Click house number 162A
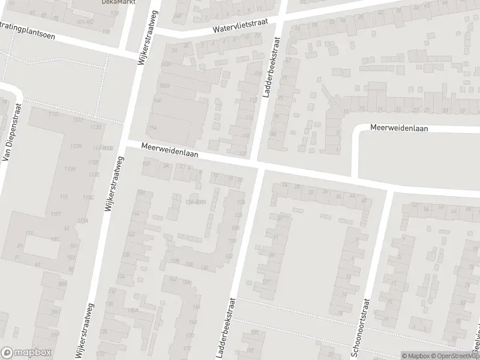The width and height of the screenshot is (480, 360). [x=167, y=64]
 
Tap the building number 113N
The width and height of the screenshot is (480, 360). [x=76, y=146]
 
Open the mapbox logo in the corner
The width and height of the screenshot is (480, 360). [x=26, y=353]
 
